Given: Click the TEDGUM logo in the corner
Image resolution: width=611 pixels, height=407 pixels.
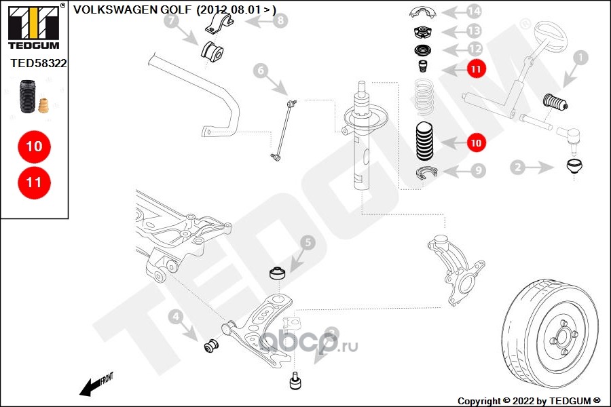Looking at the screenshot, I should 33,26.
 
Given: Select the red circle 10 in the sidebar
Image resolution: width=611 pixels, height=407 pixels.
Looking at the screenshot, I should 34,147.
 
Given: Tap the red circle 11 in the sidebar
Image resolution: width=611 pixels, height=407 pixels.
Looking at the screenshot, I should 34,182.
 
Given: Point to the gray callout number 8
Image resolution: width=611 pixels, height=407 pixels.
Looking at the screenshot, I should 280,21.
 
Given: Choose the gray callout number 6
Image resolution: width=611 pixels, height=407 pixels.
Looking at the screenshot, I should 261,69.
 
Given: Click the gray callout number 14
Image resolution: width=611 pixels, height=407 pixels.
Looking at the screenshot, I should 474,12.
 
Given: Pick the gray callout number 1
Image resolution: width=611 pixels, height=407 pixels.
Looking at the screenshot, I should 580,59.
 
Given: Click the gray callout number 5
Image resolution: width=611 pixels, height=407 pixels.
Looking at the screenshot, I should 307,242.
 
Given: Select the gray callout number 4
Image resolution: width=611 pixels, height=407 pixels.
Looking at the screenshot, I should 174,316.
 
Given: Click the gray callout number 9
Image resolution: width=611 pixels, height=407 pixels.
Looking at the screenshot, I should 478,171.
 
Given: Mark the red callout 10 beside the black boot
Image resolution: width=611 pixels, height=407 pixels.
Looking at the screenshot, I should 476,142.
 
